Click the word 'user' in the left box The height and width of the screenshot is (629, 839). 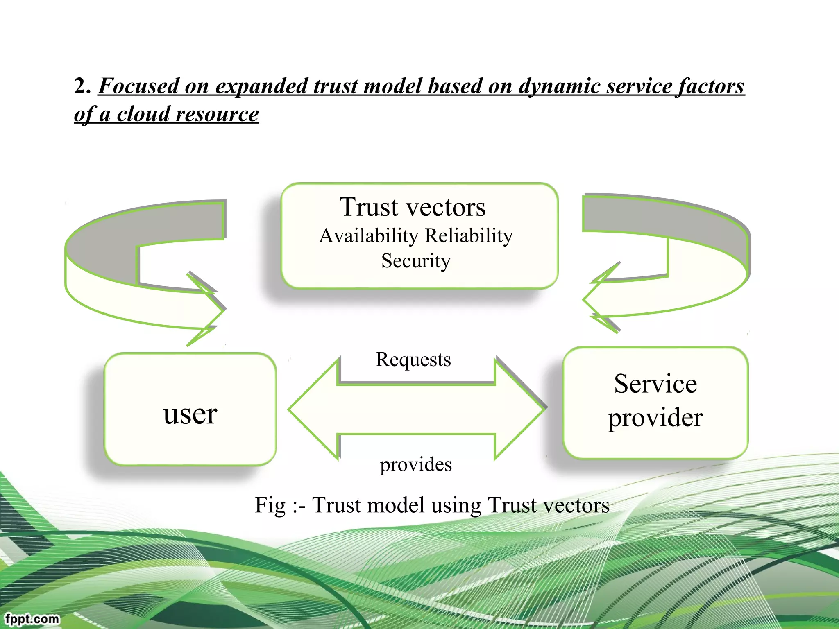190,414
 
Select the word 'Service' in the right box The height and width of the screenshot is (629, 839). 655,384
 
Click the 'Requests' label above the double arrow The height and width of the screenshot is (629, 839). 413,360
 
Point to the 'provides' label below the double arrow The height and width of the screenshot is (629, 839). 415,465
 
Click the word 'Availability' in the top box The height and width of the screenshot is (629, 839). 369,236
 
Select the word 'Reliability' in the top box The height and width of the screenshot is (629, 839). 469,236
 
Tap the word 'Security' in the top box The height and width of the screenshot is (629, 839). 416,261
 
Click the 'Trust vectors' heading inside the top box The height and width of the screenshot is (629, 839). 413,207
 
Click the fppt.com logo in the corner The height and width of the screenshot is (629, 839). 32,618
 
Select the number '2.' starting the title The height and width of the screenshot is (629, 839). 82,86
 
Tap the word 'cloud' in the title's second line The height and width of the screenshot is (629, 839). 143,114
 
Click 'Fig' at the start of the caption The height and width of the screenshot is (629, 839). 270,505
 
